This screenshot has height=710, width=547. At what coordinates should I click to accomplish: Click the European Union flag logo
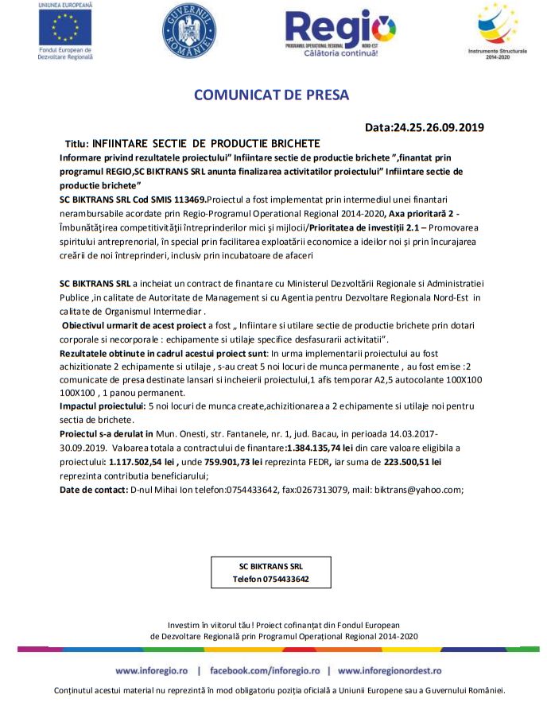65,29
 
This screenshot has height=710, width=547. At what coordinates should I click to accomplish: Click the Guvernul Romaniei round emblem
189,30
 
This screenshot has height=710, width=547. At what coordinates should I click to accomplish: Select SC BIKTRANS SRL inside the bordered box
270,566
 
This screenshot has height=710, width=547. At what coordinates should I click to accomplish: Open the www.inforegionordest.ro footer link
390,670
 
